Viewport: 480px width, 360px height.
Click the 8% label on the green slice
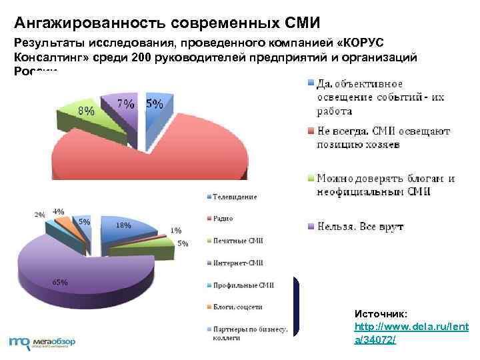[x=85, y=111]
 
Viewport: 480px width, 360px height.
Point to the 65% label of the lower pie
[x=59, y=281]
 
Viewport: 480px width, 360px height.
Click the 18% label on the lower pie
[x=124, y=225]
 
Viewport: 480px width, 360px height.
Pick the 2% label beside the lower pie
[x=40, y=215]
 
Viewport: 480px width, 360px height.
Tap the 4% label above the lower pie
[x=59, y=211]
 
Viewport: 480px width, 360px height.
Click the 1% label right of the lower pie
[x=175, y=230]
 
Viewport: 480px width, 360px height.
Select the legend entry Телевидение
[x=235, y=197]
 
